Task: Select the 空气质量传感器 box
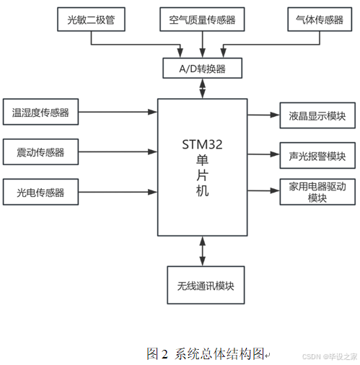[x=201, y=19]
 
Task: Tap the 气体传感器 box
[x=315, y=19]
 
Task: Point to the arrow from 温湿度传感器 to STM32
[x=118, y=113]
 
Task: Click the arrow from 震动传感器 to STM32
[x=118, y=152]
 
